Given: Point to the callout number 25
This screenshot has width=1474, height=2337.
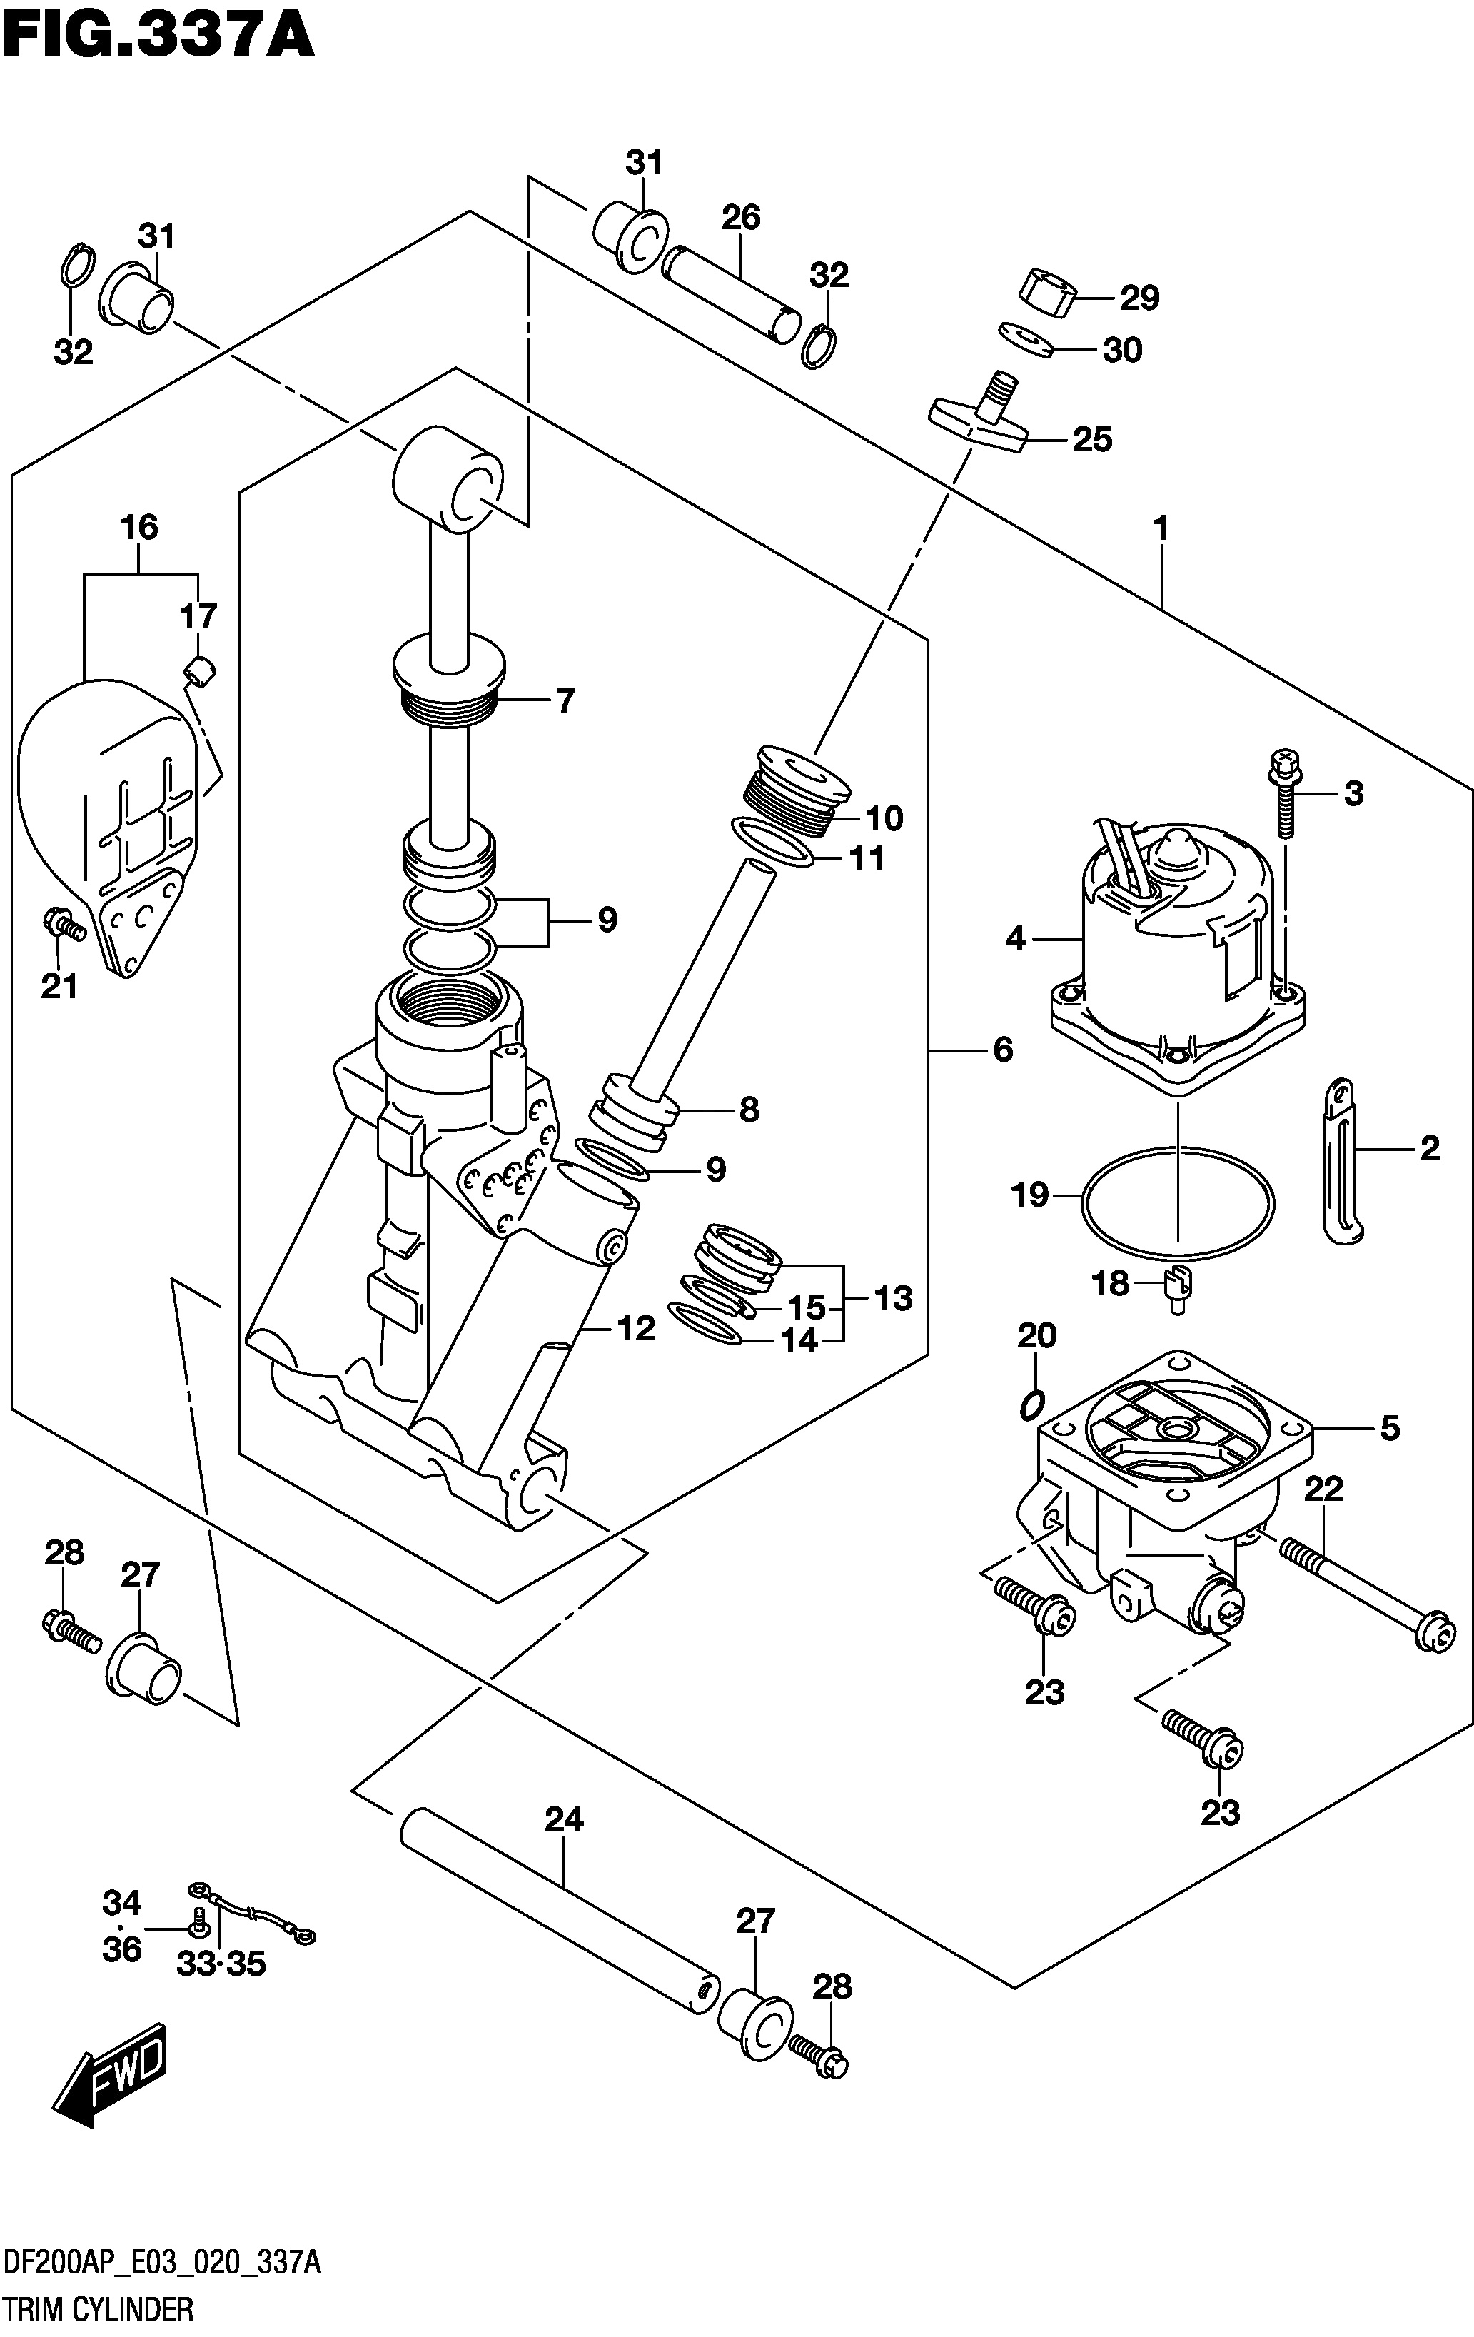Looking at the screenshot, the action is pyautogui.click(x=1091, y=440).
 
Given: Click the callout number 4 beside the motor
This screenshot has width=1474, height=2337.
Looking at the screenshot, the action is pyautogui.click(x=1015, y=938).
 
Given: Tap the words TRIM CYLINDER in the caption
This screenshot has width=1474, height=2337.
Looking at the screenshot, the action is pyautogui.click(x=98, y=2308).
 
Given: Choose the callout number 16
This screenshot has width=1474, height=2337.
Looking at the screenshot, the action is pyautogui.click(x=138, y=528).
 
